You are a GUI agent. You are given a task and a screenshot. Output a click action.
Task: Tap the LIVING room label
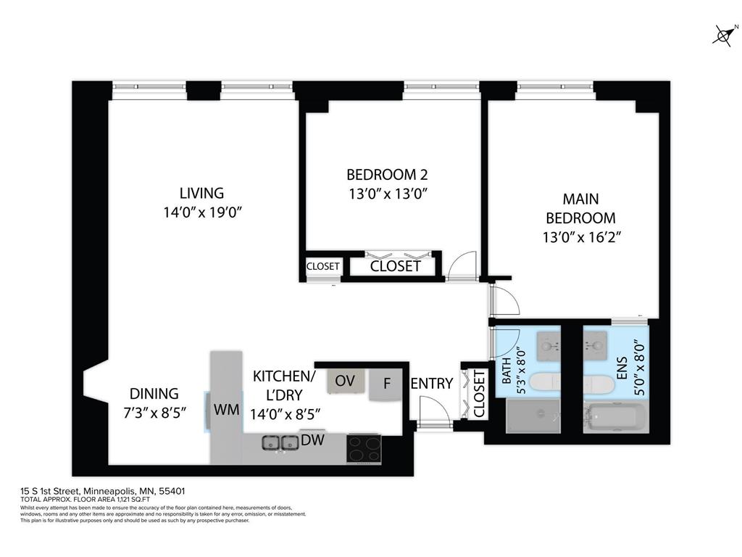[x=201, y=193]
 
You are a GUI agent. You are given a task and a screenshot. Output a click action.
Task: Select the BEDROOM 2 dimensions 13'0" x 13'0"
[x=387, y=194]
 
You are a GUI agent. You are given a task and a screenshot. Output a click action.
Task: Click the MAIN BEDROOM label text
[x=580, y=208]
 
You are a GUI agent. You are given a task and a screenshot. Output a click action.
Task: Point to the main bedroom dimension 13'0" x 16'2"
[x=580, y=236]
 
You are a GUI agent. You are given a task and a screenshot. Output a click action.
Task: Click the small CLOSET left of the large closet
[x=322, y=266]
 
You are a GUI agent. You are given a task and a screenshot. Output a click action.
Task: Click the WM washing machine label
[x=226, y=410]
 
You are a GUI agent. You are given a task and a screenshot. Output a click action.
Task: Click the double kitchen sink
[x=280, y=442]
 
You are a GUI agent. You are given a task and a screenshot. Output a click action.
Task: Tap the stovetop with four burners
[x=364, y=449]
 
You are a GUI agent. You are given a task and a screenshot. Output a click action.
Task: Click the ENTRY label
[x=432, y=384]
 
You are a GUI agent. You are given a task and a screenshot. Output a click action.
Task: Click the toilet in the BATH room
[x=543, y=382]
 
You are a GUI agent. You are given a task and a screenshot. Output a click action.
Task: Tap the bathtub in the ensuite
[x=614, y=419]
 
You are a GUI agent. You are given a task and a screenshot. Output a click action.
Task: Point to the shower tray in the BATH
[x=533, y=418]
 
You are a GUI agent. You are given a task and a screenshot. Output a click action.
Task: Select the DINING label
[x=154, y=394]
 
